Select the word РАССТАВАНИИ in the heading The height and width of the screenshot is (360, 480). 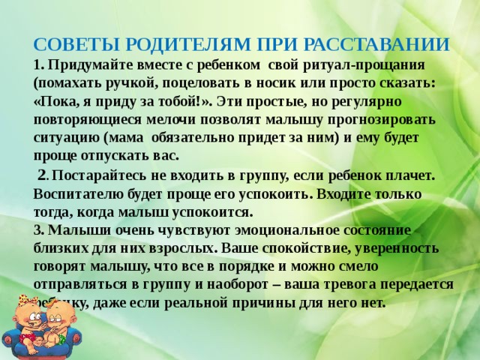[x=382, y=43]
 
